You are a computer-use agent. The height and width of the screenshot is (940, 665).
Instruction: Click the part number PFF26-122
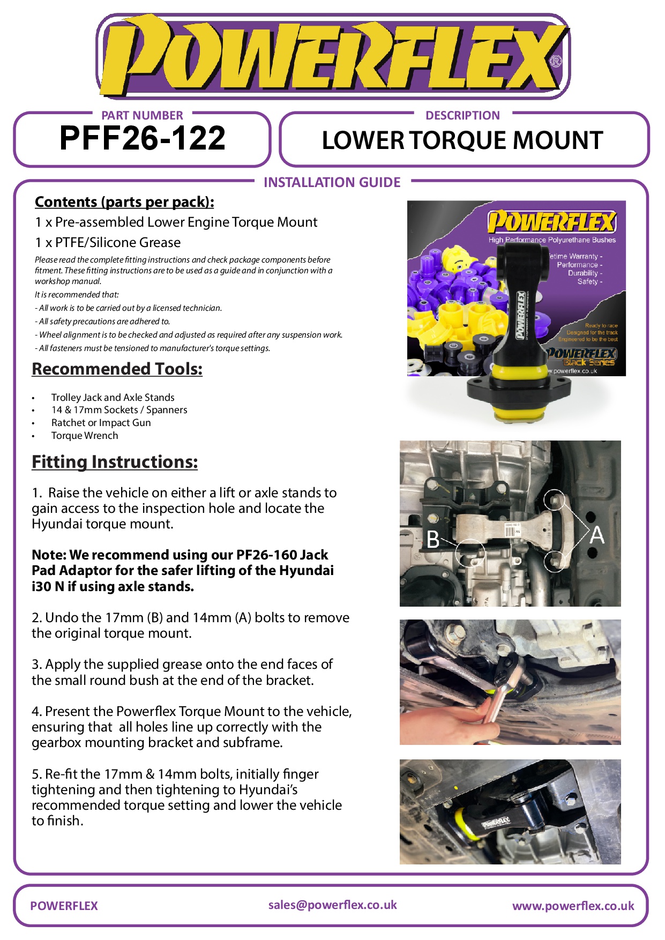tap(142, 138)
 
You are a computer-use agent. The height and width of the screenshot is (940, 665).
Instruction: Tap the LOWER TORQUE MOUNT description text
tap(462, 140)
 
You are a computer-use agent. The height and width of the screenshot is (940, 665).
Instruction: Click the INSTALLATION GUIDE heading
tap(332, 183)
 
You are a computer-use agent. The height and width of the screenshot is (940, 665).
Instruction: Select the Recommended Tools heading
tap(117, 369)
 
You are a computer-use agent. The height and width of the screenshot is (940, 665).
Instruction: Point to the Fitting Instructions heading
tap(115, 461)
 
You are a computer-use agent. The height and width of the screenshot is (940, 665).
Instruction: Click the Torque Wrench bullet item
tap(85, 436)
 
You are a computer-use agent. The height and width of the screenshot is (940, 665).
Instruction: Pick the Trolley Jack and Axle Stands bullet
tap(113, 397)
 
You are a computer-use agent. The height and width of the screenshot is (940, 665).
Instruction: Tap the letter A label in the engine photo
tap(597, 535)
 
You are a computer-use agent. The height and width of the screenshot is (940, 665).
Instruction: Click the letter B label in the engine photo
tap(432, 540)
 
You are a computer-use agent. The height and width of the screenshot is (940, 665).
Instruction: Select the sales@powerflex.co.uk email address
tap(332, 905)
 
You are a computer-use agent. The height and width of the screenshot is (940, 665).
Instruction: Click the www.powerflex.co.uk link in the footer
tap(573, 906)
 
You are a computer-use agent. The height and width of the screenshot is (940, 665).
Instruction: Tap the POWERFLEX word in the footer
tap(64, 906)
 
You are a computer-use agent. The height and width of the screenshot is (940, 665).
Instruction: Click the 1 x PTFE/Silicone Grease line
tap(108, 243)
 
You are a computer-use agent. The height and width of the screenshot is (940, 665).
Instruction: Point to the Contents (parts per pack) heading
tap(124, 202)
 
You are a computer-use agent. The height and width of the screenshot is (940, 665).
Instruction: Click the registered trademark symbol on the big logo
tap(556, 61)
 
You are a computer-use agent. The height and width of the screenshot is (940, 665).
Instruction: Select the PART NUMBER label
tap(142, 115)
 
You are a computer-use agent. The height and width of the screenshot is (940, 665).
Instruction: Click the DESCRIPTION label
tap(462, 115)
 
